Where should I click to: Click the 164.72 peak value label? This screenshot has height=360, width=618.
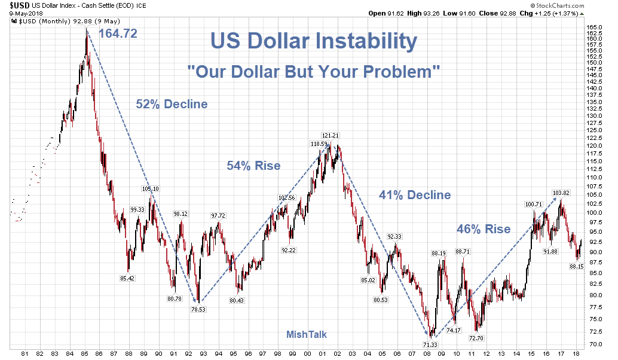(x=118, y=33)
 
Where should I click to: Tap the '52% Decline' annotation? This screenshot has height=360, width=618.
(x=172, y=104)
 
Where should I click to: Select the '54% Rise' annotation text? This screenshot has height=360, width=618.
(x=253, y=166)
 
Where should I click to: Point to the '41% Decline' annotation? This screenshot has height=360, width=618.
(x=415, y=195)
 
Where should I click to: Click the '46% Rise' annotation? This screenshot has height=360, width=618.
(x=484, y=229)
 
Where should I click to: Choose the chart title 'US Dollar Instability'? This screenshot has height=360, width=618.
(x=313, y=41)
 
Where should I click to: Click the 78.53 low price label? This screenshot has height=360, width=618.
(x=198, y=309)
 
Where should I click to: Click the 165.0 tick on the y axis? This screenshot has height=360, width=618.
(x=593, y=28)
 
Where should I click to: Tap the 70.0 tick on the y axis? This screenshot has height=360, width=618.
(x=593, y=344)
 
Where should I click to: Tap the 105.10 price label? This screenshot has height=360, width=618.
(x=150, y=189)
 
